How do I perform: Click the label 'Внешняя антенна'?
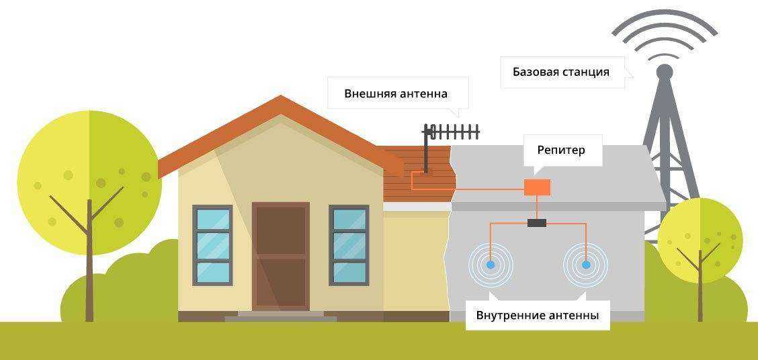pos(396,93)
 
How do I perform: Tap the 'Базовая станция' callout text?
pos(560,72)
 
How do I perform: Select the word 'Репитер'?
pos(560,150)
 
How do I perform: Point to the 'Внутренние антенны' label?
pos(537,314)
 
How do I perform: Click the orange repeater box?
pos(537,187)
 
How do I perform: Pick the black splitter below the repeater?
pos(537,223)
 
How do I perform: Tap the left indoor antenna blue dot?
pos(491,265)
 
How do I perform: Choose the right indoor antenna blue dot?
pos(585,265)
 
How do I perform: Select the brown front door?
pos(281,255)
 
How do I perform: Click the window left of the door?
pos(212,245)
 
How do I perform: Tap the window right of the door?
pos(349,245)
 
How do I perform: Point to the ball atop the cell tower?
pos(664,71)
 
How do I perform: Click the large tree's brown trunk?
pos(89,269)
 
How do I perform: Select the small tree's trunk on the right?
pos(700,289)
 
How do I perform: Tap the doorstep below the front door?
pos(280,315)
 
